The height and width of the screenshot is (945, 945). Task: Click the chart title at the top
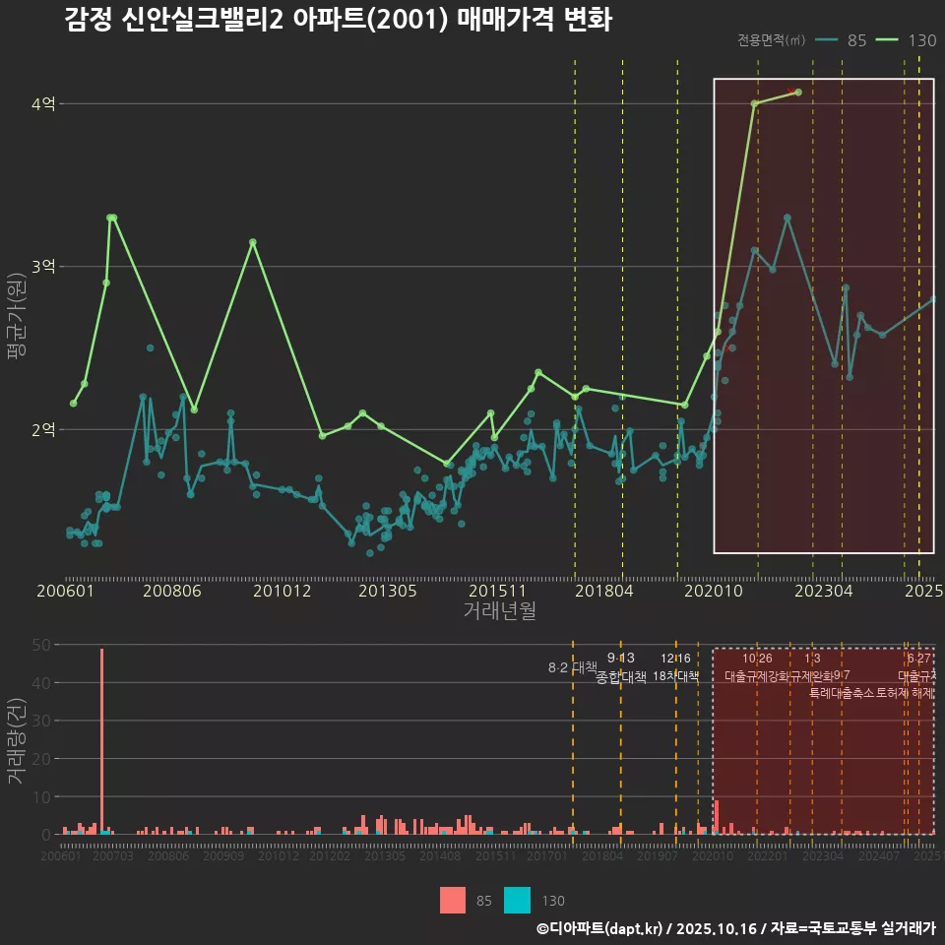click(338, 21)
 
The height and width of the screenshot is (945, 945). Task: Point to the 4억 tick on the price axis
click(45, 103)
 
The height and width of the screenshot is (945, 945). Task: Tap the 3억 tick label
click(45, 267)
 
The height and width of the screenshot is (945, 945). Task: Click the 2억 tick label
click(45, 430)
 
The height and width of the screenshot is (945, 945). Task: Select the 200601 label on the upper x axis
click(65, 592)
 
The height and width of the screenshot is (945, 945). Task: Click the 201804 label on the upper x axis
click(602, 592)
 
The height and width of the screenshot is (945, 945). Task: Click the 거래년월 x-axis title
click(499, 611)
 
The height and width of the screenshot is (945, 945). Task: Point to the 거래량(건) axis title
click(17, 741)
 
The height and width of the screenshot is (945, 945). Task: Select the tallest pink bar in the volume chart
click(101, 740)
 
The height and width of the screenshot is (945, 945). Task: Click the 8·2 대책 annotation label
click(572, 667)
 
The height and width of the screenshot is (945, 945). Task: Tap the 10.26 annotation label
click(757, 659)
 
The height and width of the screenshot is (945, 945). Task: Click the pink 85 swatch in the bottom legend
click(453, 900)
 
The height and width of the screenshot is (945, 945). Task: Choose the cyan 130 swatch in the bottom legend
click(518, 900)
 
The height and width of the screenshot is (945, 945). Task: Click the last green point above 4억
click(797, 93)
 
